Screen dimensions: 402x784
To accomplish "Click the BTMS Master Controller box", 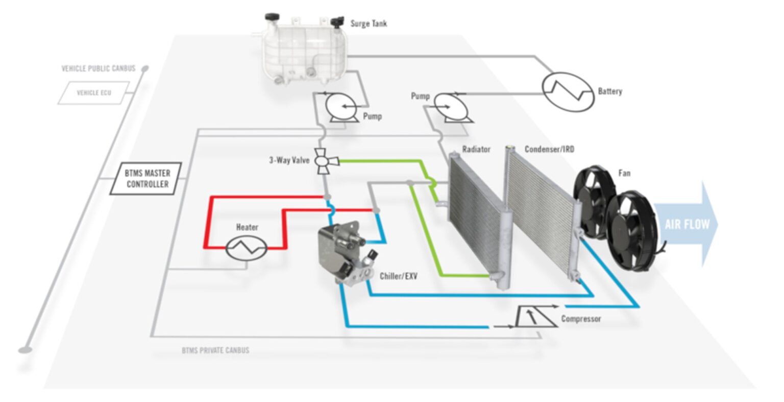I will point(146,178).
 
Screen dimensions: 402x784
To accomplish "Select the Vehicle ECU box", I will point(93,93).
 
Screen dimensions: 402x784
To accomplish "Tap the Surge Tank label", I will point(369,23).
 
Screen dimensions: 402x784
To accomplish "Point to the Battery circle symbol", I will point(568,91).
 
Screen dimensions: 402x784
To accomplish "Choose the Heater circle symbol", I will point(247,248).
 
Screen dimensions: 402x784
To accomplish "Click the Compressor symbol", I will point(534,317).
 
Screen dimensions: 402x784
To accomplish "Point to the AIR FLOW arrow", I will point(687,224).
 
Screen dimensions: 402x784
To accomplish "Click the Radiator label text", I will point(476,149).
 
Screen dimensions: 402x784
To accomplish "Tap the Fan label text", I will point(624,173).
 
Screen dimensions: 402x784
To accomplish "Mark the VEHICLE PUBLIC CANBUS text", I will point(99,68).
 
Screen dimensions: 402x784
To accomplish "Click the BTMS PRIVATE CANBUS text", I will point(215,350).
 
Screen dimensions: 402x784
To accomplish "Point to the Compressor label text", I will point(581,319).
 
